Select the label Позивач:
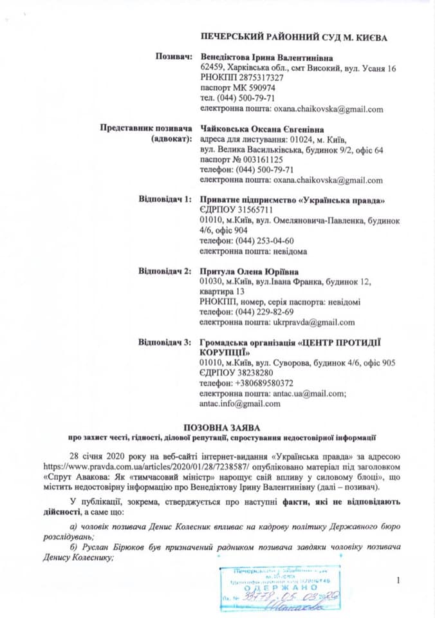(x=174, y=57)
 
